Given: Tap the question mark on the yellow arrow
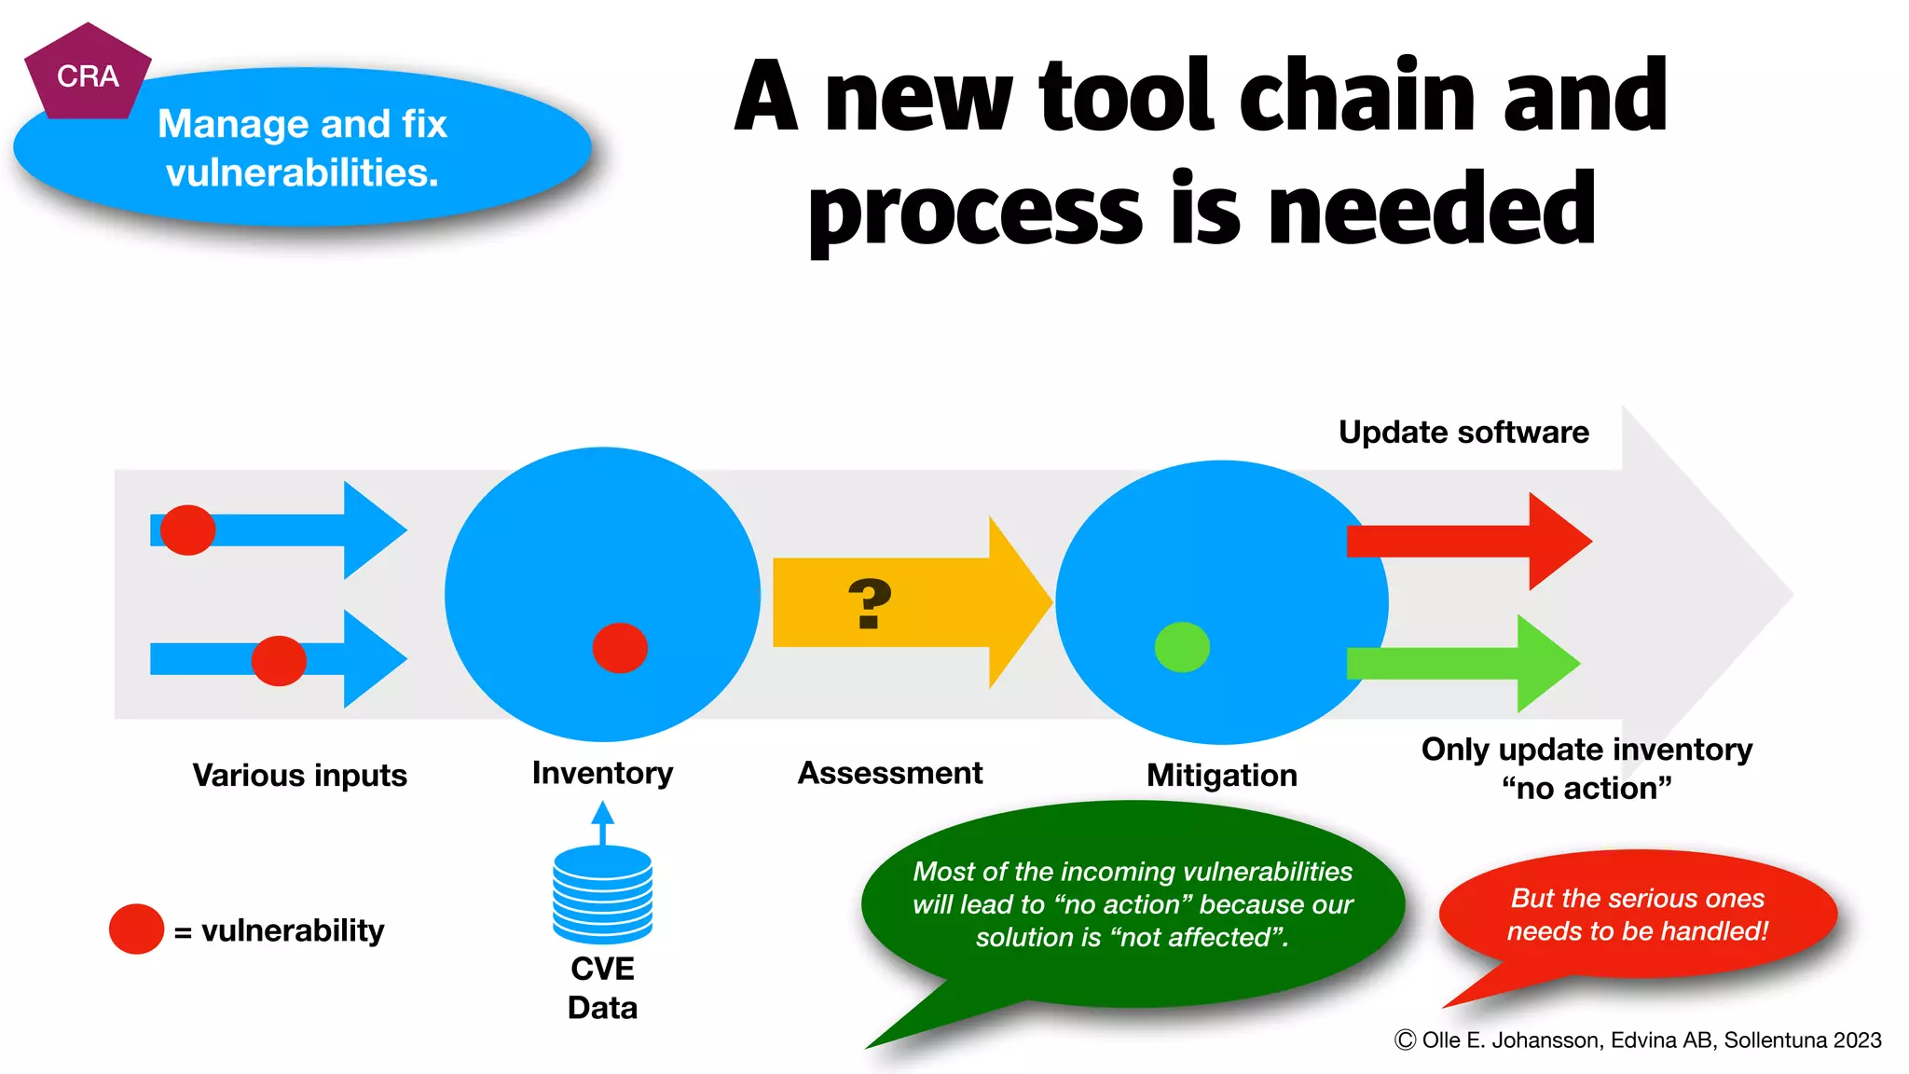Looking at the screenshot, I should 870,604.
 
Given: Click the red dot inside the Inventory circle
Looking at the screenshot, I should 620,648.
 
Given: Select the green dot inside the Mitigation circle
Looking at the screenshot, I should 1182,647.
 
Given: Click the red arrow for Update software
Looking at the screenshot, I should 1468,541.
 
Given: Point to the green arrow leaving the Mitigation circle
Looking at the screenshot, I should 1463,664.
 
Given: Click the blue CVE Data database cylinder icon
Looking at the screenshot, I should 602,895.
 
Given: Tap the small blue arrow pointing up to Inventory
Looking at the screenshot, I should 602,820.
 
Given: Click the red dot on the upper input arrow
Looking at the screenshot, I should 187,530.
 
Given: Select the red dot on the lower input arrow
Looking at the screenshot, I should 279,661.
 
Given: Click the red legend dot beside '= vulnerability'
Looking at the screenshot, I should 136,929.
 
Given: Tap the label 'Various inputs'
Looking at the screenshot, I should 299,776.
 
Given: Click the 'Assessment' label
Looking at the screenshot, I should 889,773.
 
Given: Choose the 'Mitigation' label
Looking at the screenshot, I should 1221,776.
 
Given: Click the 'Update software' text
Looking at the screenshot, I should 1463,433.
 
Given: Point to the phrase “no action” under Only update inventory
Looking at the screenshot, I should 1586,789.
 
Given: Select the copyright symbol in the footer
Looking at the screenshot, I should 1405,1040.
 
